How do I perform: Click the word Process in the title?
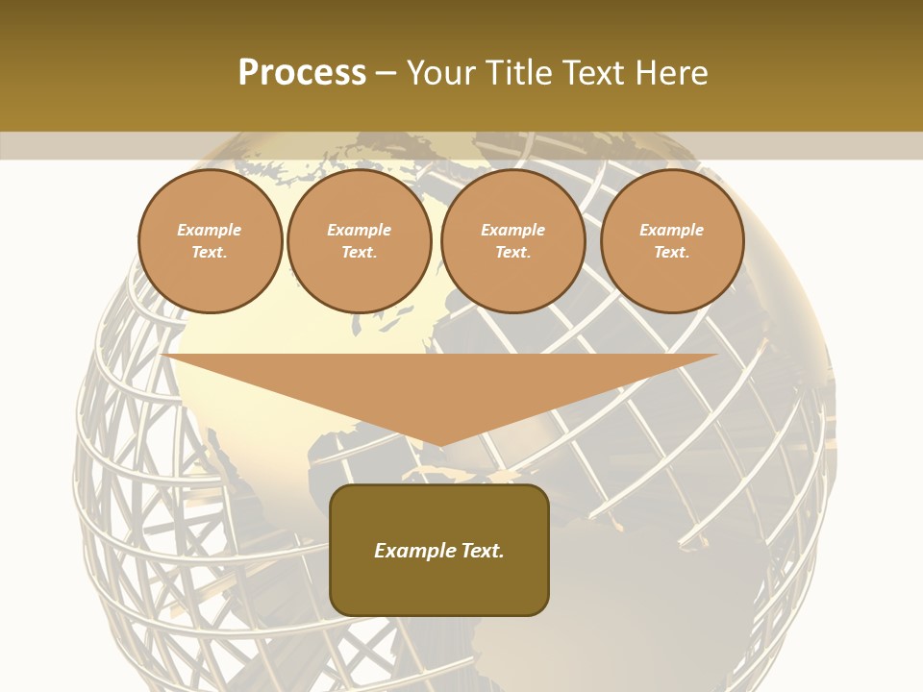click(302, 73)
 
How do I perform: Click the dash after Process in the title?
click(387, 74)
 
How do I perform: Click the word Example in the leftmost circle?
click(210, 230)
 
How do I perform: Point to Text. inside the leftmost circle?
click(210, 252)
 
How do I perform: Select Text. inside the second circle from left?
click(359, 252)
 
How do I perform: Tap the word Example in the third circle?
click(512, 230)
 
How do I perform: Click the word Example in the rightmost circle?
click(672, 230)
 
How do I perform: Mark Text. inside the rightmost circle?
click(672, 252)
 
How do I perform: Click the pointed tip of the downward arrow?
click(440, 444)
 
